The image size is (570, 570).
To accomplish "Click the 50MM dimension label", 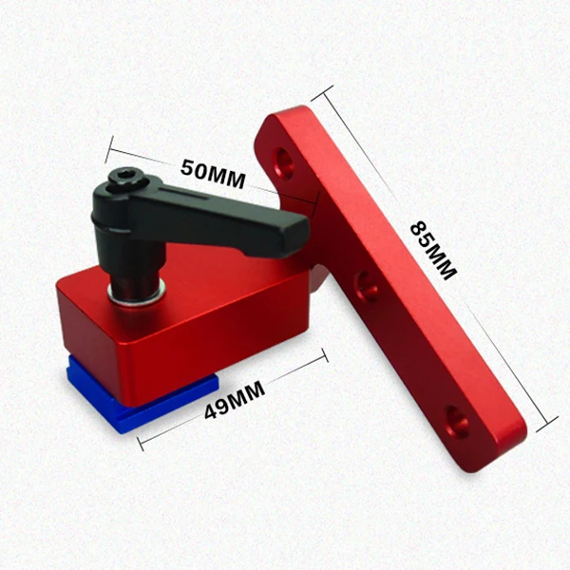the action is coord(213,174).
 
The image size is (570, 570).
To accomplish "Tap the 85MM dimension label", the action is coord(433,251).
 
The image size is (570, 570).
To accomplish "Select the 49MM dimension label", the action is coord(235,400).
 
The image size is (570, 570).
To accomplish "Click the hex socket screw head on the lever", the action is coord(127,178).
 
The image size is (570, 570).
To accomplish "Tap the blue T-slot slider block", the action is coord(138,400).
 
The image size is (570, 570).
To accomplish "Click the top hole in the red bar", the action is coord(284,162).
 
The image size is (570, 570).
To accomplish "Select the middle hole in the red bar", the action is coord(367,287).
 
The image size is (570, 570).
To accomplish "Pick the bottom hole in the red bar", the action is coord(457,422).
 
